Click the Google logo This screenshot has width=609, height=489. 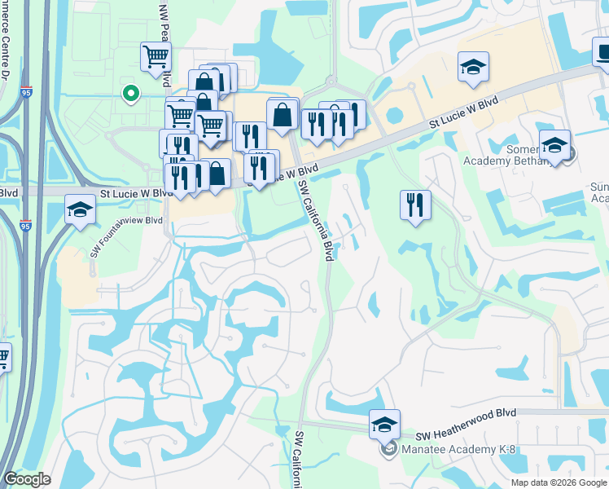pyautogui.click(x=27, y=479)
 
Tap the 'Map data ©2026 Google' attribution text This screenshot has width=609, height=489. pyautogui.click(x=559, y=482)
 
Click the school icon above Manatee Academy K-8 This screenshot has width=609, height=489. pyautogui.click(x=384, y=424)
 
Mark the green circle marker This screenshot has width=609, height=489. pyautogui.click(x=129, y=94)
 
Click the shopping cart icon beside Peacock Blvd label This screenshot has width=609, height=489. pyautogui.click(x=155, y=57)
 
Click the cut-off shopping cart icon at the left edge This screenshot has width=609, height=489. pyautogui.click(x=3, y=357)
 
